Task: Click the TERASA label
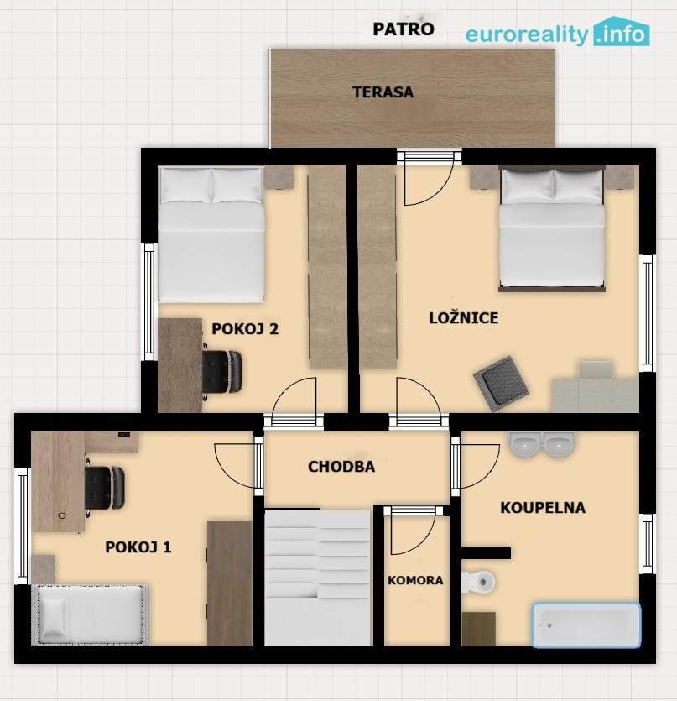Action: pyautogui.click(x=383, y=92)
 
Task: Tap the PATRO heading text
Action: pyautogui.click(x=404, y=29)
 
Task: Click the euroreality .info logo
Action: pyautogui.click(x=557, y=32)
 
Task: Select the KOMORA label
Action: pyautogui.click(x=415, y=580)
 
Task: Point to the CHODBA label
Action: pyautogui.click(x=341, y=466)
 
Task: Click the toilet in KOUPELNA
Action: pyautogui.click(x=478, y=582)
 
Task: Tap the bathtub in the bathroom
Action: pyautogui.click(x=586, y=625)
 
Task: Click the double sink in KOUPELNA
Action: pyautogui.click(x=542, y=444)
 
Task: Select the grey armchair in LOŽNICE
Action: pyautogui.click(x=501, y=383)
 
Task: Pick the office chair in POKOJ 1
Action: pyautogui.click(x=105, y=488)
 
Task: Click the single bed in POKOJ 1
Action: pyautogui.click(x=91, y=615)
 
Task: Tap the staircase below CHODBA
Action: pyautogui.click(x=318, y=578)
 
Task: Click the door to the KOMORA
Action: pyautogui.click(x=414, y=532)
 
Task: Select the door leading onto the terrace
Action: pyautogui.click(x=429, y=178)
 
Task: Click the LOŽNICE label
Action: pyautogui.click(x=464, y=318)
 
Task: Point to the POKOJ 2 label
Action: pyautogui.click(x=245, y=329)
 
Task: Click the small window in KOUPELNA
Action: pyautogui.click(x=648, y=544)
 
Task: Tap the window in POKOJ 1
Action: pyautogui.click(x=23, y=526)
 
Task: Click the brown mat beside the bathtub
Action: pyautogui.click(x=478, y=629)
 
